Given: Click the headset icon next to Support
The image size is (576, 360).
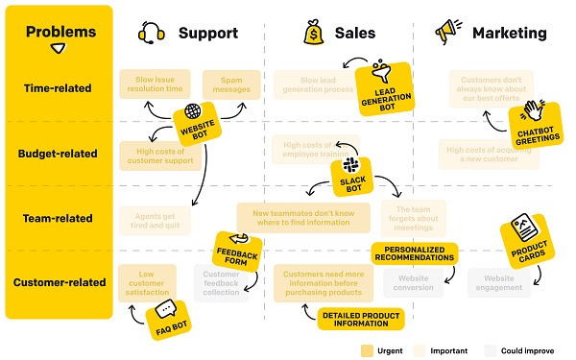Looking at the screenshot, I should coord(152,33).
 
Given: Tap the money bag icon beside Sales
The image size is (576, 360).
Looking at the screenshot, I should coord(313,33).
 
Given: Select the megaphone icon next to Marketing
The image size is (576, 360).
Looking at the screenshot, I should coord(447,33).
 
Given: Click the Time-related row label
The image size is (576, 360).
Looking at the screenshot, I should coord(58,87).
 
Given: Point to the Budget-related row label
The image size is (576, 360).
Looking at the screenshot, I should coord(58,153).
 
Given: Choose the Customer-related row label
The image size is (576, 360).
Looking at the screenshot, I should coord(58,282).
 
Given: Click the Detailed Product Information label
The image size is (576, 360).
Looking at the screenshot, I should coord(360,318).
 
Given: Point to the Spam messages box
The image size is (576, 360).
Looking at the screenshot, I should coord(230,84).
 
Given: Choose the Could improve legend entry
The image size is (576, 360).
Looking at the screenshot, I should coord(519,349).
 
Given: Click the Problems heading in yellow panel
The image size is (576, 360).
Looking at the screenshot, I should coord(60,32).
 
